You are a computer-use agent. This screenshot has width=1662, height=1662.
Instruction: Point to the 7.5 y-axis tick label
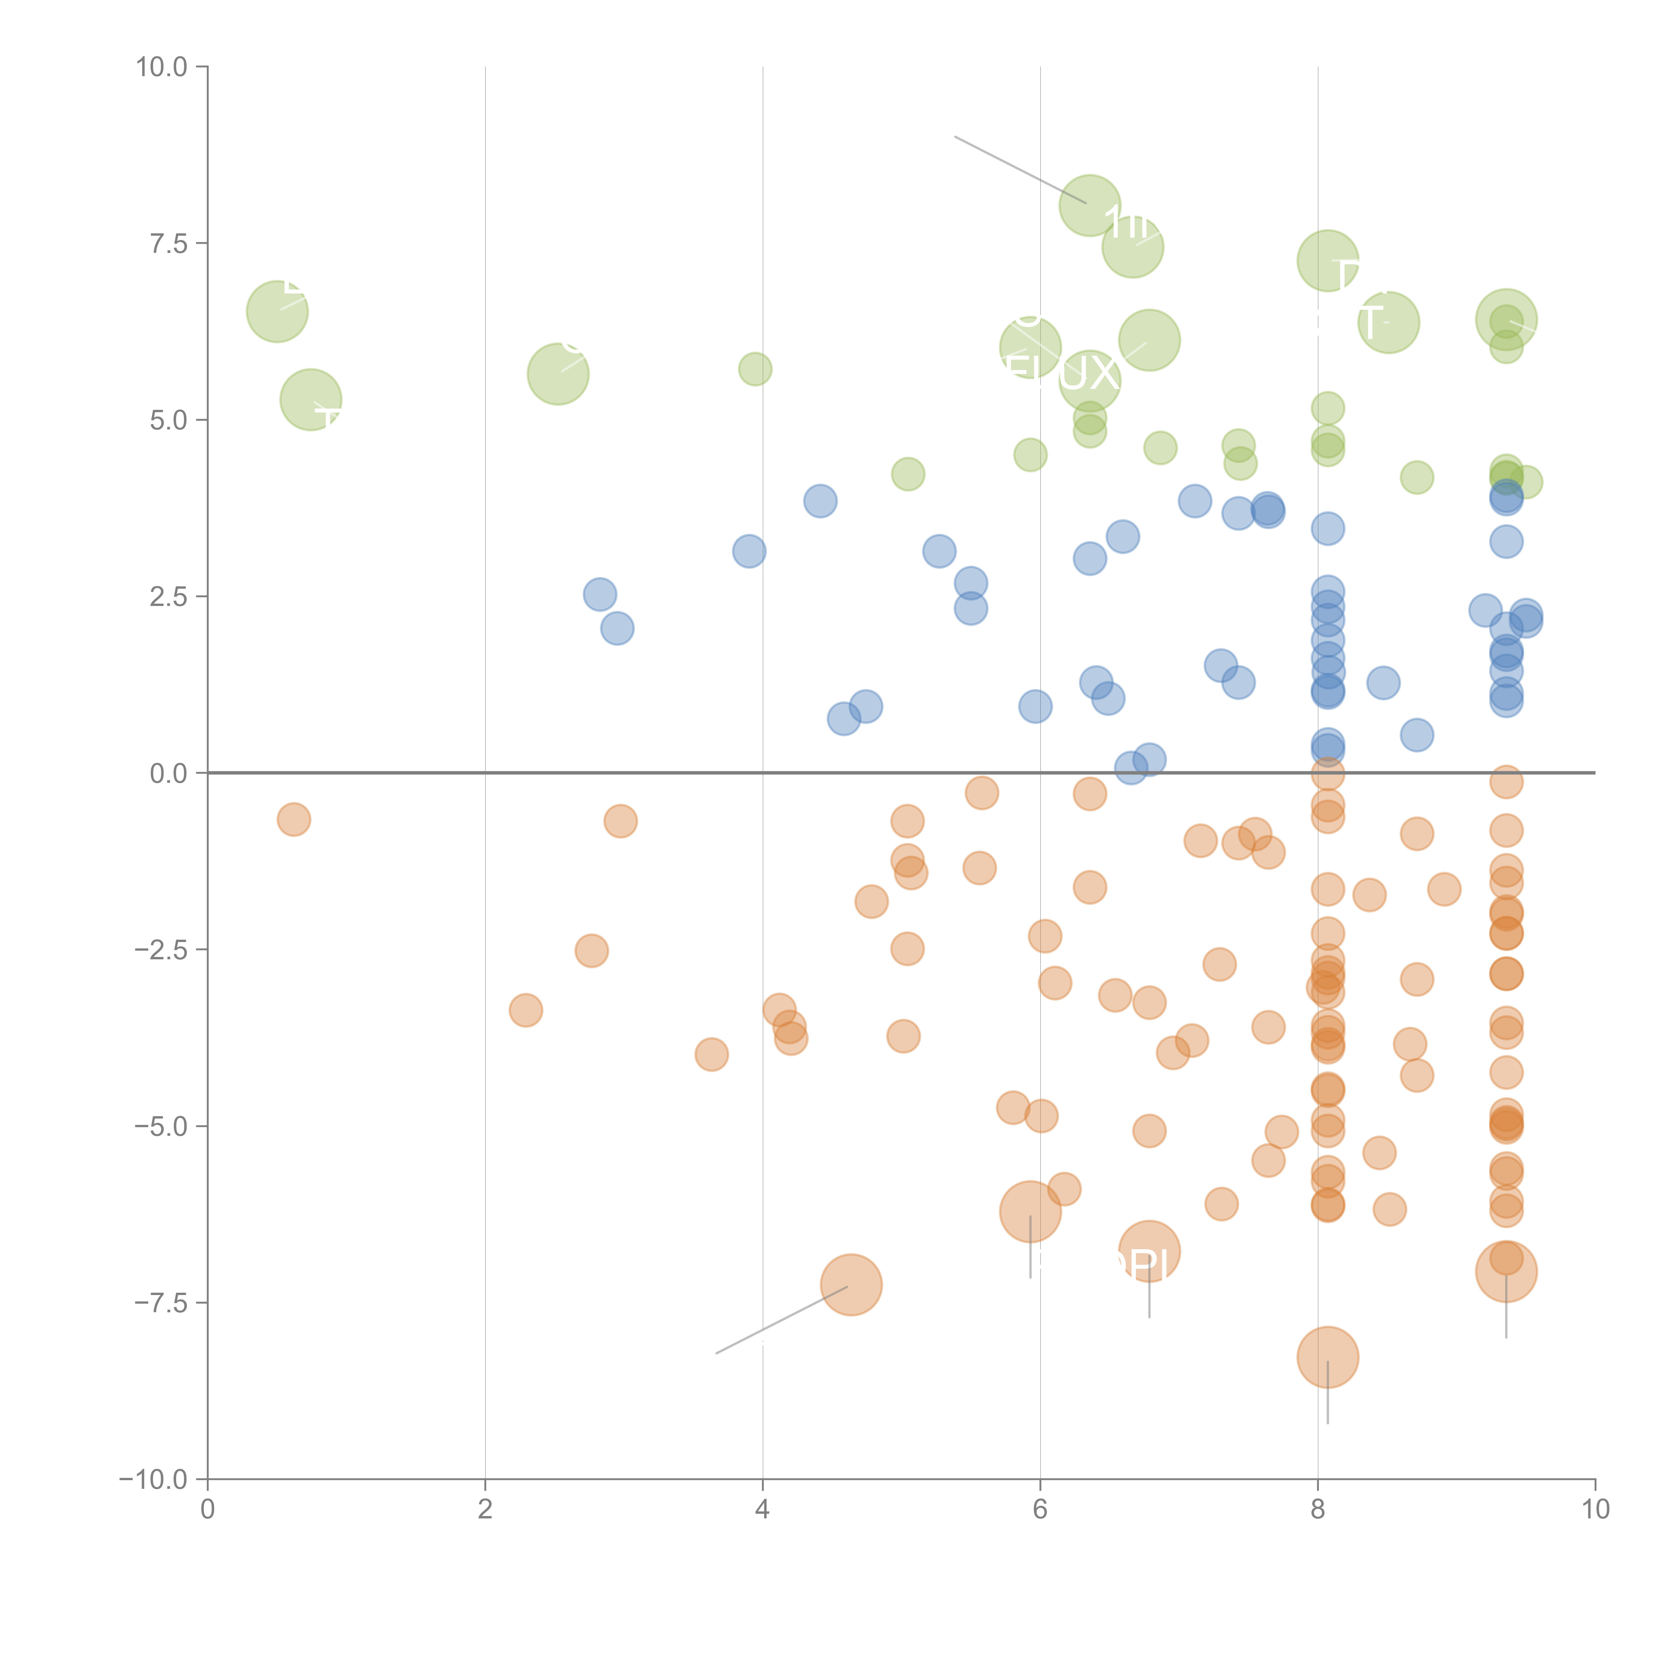(168, 243)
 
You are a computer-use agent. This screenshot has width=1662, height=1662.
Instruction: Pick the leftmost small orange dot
(294, 819)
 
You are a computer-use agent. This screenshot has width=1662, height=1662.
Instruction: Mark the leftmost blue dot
(600, 594)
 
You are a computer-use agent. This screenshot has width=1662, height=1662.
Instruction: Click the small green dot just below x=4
(755, 369)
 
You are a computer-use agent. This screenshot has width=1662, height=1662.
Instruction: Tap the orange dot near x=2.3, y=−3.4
(526, 1010)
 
